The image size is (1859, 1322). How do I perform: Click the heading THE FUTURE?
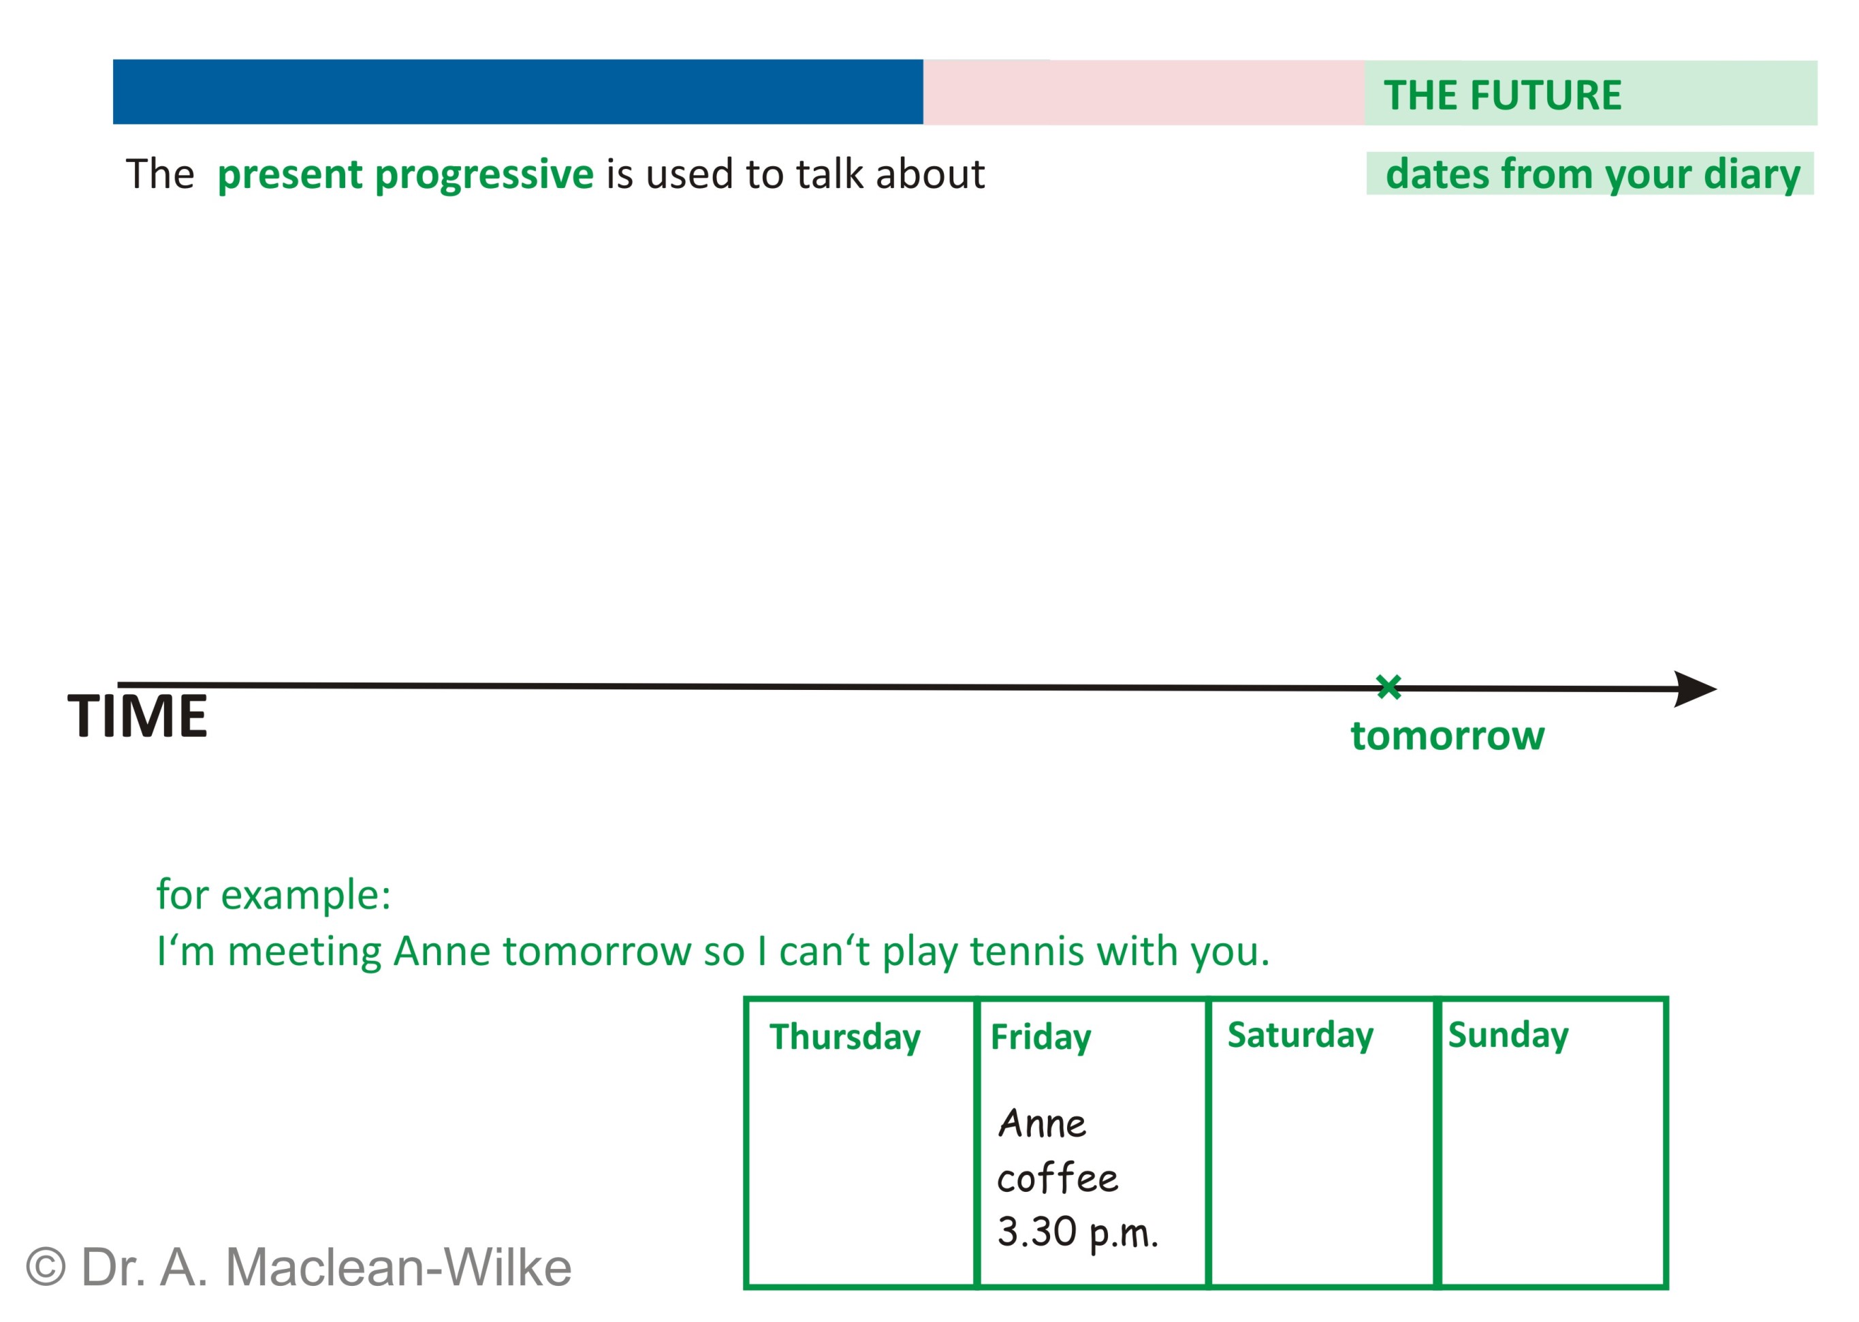click(1502, 95)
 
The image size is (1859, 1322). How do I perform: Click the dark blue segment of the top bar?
click(518, 92)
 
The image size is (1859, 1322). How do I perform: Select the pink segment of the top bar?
click(1143, 93)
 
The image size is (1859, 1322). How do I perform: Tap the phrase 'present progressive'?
click(405, 175)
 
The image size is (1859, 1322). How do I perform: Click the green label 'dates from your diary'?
click(1592, 174)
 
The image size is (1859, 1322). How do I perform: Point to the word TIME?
click(138, 717)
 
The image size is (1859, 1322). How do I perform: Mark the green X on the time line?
click(1388, 687)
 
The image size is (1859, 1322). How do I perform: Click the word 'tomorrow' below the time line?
click(1447, 736)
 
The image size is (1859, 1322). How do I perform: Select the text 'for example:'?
click(274, 895)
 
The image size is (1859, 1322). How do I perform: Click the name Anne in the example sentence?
click(442, 951)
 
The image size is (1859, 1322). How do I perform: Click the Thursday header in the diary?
click(845, 1037)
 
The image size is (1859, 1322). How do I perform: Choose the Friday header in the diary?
click(1040, 1037)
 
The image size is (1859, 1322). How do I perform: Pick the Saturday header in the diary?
click(1300, 1035)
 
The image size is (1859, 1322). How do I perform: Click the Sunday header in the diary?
click(1508, 1035)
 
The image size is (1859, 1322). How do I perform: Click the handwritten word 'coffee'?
click(1058, 1177)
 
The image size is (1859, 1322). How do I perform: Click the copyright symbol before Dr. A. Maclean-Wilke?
click(46, 1268)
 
